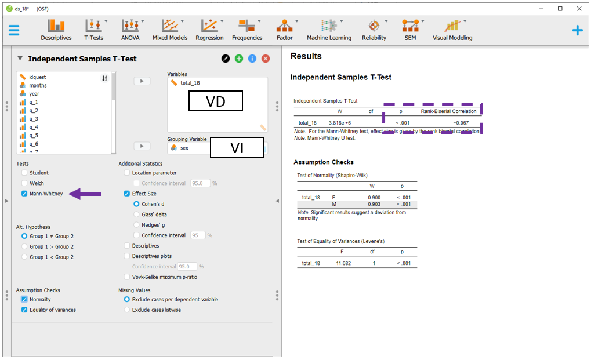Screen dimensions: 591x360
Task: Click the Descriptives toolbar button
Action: pyautogui.click(x=56, y=30)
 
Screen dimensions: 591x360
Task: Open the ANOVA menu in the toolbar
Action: pyautogui.click(x=130, y=30)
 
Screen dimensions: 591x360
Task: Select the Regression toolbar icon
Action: pyautogui.click(x=209, y=30)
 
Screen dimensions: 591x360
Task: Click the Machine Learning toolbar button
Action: pyautogui.click(x=329, y=30)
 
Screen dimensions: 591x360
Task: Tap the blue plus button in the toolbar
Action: pyautogui.click(x=578, y=30)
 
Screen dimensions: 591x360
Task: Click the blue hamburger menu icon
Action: pyautogui.click(x=14, y=30)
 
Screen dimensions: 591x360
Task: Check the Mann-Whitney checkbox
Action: pyautogui.click(x=24, y=194)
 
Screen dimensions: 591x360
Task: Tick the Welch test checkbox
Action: pyautogui.click(x=24, y=183)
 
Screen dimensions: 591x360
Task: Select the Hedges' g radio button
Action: pyautogui.click(x=136, y=225)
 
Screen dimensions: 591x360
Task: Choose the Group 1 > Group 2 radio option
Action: pyautogui.click(x=24, y=246)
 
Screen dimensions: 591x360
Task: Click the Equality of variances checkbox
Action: pyautogui.click(x=24, y=310)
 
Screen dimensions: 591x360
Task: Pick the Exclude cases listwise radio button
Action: pyautogui.click(x=127, y=310)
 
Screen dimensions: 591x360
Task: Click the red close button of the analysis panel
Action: pyautogui.click(x=266, y=59)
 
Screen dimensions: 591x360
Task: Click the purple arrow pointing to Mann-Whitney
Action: pyautogui.click(x=85, y=194)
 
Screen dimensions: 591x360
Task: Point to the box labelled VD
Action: pyautogui.click(x=216, y=101)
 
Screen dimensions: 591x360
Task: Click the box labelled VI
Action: pyautogui.click(x=237, y=147)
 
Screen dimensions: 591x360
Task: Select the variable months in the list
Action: pyautogui.click(x=38, y=85)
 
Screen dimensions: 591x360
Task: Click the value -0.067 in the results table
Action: pyautogui.click(x=461, y=123)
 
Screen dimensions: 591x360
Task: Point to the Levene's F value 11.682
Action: pyautogui.click(x=343, y=263)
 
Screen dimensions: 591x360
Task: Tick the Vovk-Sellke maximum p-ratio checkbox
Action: pyautogui.click(x=127, y=277)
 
